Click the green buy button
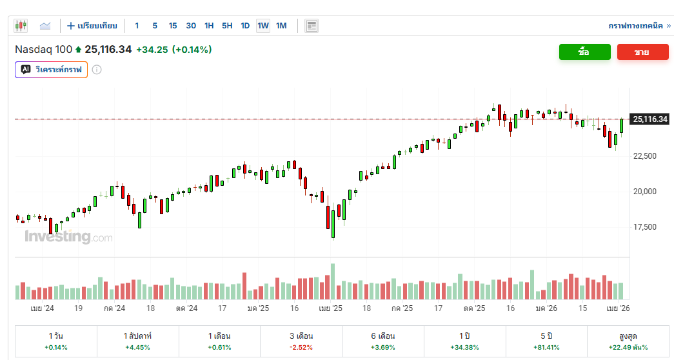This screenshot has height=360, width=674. pyautogui.click(x=584, y=52)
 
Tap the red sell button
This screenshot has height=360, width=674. pyautogui.click(x=642, y=52)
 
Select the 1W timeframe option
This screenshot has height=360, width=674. pyautogui.click(x=263, y=26)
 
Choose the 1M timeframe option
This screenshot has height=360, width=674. pyautogui.click(x=281, y=26)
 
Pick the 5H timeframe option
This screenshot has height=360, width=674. pyautogui.click(x=227, y=26)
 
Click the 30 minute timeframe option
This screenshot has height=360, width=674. pyautogui.click(x=191, y=26)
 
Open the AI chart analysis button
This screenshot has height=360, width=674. pyautogui.click(x=51, y=69)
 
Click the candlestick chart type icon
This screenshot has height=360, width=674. pyautogui.click(x=21, y=26)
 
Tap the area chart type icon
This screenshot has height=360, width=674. pyautogui.click(x=45, y=26)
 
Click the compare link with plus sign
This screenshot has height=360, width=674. pyautogui.click(x=92, y=26)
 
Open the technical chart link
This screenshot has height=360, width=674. pyautogui.click(x=639, y=26)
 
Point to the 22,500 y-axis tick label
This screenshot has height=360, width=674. pyautogui.click(x=645, y=156)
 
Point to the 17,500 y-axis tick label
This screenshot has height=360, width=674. pyautogui.click(x=645, y=227)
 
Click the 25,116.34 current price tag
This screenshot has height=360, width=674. pyautogui.click(x=650, y=119)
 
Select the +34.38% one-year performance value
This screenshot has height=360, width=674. pyautogui.click(x=464, y=348)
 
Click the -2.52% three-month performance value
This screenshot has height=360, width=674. pyautogui.click(x=301, y=348)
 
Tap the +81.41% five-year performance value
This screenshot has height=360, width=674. pyautogui.click(x=546, y=348)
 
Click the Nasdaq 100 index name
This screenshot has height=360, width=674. pyautogui.click(x=43, y=50)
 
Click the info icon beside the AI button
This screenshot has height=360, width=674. pyautogui.click(x=97, y=69)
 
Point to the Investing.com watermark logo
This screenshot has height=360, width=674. pyautogui.click(x=68, y=237)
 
